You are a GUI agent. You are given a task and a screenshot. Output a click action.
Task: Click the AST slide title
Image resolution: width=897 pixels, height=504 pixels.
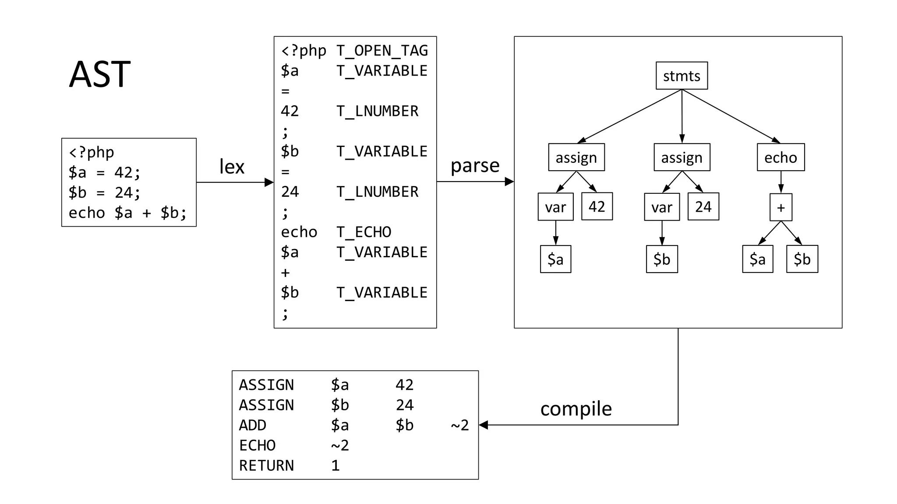100,74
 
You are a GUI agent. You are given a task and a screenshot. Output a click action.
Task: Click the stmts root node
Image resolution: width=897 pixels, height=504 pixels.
682,76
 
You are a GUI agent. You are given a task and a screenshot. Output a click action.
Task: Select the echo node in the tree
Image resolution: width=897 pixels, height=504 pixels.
780,157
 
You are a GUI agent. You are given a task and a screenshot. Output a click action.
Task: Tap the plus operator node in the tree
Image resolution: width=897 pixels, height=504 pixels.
781,207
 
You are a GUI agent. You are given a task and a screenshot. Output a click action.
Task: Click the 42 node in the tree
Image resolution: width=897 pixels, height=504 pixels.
597,206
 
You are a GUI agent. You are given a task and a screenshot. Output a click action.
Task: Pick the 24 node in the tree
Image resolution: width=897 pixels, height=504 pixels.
703,206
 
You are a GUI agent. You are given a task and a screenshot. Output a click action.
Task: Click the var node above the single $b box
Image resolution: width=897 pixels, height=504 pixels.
662,207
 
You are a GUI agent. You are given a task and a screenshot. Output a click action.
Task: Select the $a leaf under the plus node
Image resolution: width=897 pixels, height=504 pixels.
758,259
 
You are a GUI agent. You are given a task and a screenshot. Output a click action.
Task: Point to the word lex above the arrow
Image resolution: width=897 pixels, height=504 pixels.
232,167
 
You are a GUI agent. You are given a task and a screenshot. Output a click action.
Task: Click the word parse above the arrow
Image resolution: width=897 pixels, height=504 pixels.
475,165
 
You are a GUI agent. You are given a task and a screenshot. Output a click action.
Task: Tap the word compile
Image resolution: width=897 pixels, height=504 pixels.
576,409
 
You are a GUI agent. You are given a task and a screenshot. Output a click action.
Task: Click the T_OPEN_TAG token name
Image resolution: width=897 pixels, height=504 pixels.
382,51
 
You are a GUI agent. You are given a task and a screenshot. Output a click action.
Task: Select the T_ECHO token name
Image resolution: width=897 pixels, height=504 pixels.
364,232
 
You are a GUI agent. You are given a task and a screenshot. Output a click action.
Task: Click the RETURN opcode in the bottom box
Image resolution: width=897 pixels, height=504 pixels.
266,465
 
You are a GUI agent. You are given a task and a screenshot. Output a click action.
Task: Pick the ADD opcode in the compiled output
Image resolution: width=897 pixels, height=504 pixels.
253,425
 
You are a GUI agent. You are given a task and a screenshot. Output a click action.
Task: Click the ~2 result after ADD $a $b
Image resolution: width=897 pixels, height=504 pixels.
460,425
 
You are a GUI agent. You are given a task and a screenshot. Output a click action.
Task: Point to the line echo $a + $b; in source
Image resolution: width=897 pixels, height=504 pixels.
127,213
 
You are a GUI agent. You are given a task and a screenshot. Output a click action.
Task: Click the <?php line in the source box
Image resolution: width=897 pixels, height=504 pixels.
92,152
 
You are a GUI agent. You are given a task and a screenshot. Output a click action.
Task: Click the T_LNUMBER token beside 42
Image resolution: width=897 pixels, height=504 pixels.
377,111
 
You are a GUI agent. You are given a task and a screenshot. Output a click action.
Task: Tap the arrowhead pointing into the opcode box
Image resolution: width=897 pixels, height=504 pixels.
484,425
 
